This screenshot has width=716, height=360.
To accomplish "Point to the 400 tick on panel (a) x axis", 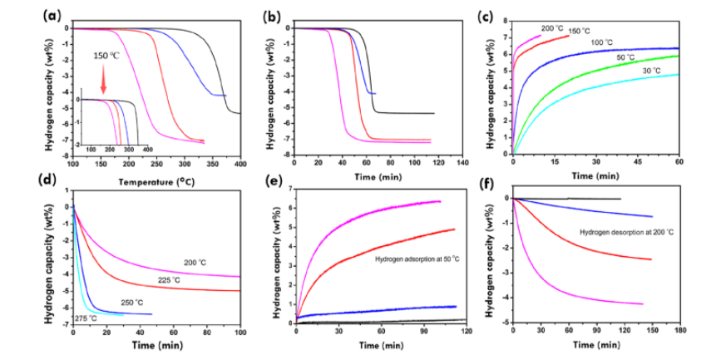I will pyautogui.click(x=239, y=166).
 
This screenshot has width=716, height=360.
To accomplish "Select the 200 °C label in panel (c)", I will pyautogui.click(x=553, y=28).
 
